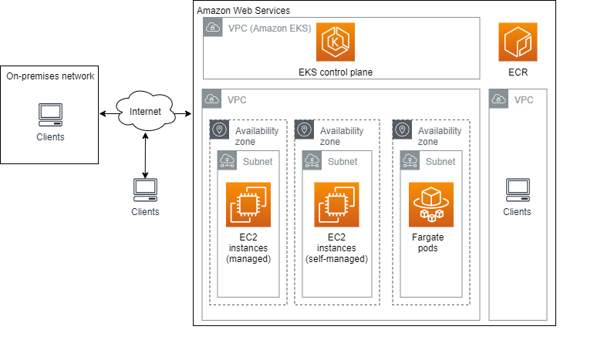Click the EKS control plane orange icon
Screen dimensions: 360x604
335,42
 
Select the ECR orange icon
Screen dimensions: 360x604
518,42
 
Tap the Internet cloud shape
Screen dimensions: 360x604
145,113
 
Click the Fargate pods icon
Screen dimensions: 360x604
431,204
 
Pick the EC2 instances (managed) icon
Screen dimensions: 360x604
248,204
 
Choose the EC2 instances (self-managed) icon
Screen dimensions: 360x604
336,204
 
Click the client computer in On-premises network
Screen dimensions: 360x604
50,115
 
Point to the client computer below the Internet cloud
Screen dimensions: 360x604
145,189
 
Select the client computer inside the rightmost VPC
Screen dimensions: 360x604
518,189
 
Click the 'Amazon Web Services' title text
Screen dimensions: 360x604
243,10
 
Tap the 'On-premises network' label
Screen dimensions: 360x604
50,76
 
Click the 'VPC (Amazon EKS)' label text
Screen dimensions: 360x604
269,29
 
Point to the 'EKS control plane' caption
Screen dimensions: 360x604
335,72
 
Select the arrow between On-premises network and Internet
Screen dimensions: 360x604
107,114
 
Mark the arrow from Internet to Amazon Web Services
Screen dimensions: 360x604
182,114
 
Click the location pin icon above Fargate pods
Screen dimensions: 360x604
403,130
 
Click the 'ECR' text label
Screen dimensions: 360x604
518,73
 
